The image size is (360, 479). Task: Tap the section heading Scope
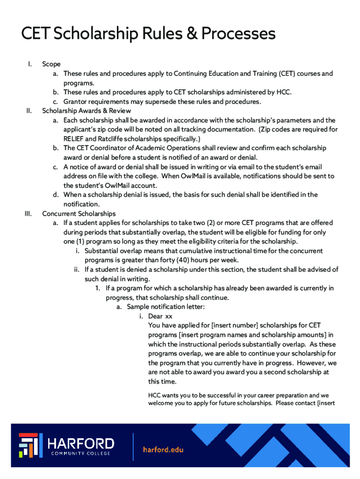point(51,64)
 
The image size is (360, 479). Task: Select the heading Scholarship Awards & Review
point(86,111)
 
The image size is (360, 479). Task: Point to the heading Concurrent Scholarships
point(79,214)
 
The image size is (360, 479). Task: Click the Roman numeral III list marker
point(28,214)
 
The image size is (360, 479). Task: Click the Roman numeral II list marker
point(29,111)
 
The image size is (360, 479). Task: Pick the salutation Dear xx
point(160,316)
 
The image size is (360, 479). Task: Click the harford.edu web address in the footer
point(163,450)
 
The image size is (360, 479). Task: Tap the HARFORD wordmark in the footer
point(81,443)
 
